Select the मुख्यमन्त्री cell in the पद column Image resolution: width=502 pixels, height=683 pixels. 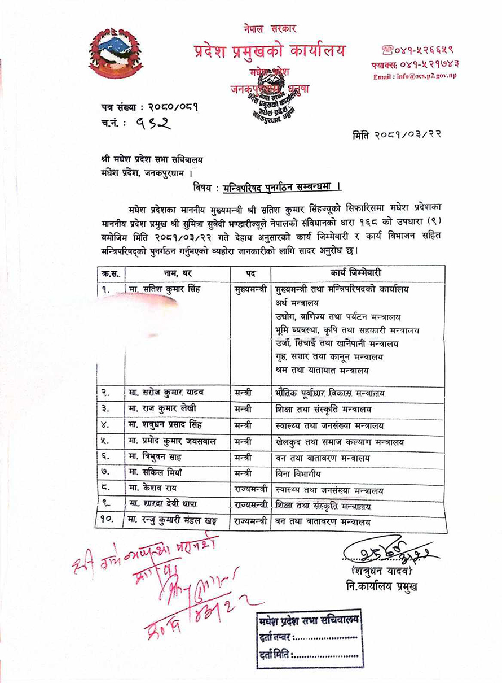[250, 289]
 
